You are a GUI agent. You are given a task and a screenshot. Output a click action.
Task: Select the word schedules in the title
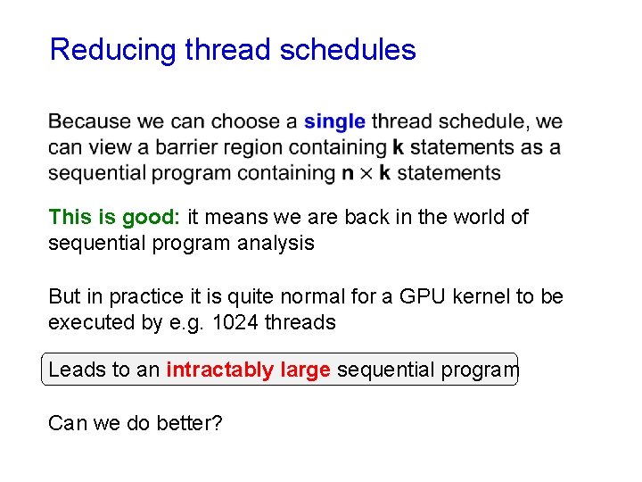(348, 50)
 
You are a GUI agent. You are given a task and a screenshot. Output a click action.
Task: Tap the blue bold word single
(334, 121)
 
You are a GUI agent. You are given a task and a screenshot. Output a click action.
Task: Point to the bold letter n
(348, 172)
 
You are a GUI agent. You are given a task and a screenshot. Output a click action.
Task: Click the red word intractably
(218, 370)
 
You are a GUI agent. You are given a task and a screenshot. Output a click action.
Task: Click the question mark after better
(217, 422)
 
